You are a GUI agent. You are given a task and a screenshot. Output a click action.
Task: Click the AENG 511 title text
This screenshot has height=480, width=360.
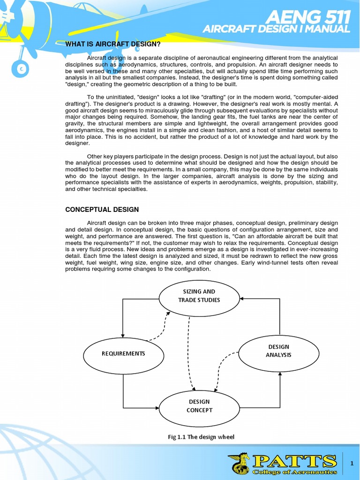pos(308,17)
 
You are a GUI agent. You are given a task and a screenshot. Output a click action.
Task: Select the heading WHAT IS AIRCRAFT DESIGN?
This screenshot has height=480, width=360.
pos(112,45)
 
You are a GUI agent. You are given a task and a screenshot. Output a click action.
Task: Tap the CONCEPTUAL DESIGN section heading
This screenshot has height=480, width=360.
pos(102,210)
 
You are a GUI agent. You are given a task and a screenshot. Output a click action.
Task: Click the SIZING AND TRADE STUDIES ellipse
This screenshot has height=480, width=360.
pos(199,296)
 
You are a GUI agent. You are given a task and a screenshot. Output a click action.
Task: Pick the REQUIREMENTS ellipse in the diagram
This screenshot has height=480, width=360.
pos(123,353)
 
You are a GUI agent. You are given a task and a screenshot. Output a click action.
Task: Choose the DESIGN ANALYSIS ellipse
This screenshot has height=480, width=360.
pos(278,351)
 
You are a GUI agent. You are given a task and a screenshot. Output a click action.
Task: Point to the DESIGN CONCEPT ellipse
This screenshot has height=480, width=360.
pos(199,406)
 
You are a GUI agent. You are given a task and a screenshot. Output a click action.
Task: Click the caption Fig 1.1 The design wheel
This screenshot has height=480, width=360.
pos(201,437)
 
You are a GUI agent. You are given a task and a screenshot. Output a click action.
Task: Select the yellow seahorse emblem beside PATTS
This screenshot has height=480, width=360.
pos(239,464)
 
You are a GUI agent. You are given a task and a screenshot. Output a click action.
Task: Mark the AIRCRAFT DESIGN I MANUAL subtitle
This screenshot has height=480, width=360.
pos(276,30)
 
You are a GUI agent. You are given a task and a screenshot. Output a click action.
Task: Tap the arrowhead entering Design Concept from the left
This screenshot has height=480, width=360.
pos(157,407)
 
